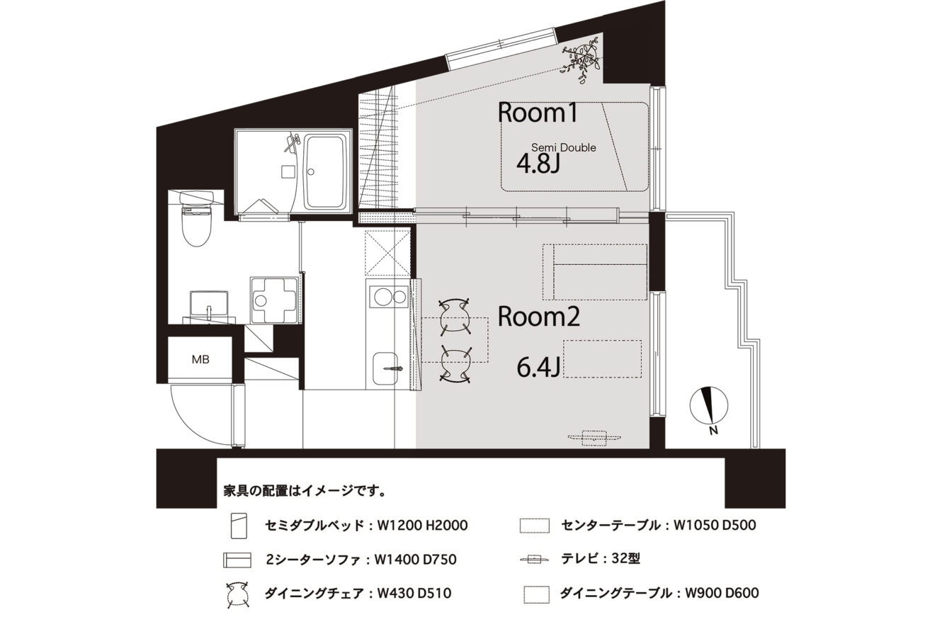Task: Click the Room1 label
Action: tap(537, 113)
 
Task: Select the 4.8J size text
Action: tap(538, 164)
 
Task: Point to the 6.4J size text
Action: tap(538, 368)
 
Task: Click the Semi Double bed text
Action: tap(564, 147)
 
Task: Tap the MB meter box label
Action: tap(200, 360)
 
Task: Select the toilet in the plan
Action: tap(196, 219)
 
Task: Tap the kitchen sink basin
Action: tap(385, 368)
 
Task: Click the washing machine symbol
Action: tap(276, 300)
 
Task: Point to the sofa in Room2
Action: tap(595, 272)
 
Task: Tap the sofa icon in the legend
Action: tap(237, 560)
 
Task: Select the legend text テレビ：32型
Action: tap(601, 558)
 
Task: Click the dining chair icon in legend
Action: tap(237, 594)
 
